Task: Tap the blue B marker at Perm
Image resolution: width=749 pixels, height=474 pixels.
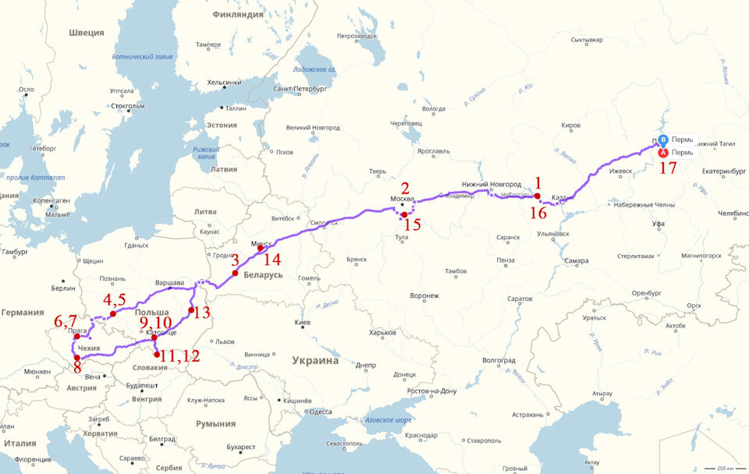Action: click(663, 140)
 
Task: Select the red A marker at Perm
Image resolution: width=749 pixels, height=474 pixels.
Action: click(662, 153)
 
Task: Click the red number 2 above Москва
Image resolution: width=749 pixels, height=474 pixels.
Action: click(405, 187)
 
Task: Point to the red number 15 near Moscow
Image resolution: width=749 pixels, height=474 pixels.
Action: click(412, 226)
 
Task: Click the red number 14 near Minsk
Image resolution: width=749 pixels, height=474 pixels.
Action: click(272, 260)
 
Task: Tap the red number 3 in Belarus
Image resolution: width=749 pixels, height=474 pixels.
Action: click(234, 260)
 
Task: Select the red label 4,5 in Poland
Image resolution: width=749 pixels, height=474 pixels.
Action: click(114, 299)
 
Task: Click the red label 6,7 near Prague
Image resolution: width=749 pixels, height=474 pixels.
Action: click(65, 321)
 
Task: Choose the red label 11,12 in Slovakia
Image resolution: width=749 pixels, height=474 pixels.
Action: click(180, 355)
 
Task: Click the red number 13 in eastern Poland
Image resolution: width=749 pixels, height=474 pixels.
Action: click(201, 313)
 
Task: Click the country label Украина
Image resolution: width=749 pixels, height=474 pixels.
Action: click(315, 361)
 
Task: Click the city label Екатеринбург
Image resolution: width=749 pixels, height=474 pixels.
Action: click(705, 169)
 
